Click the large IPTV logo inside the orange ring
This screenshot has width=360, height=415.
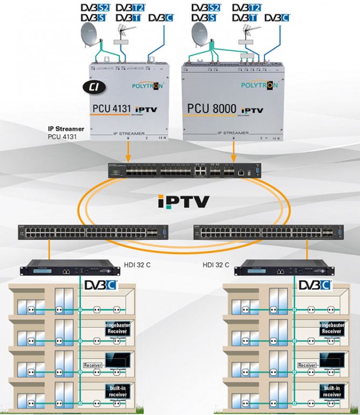tap(183, 201)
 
